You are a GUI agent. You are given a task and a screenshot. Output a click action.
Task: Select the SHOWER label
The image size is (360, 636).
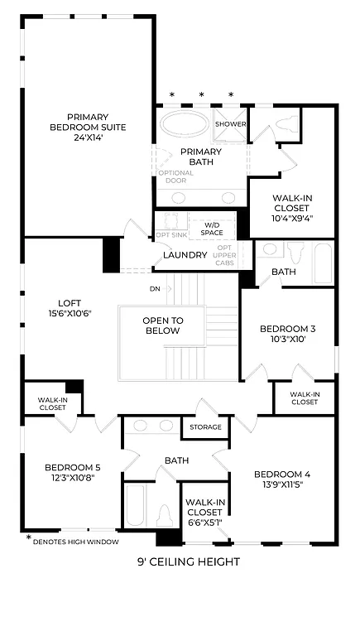(x=231, y=124)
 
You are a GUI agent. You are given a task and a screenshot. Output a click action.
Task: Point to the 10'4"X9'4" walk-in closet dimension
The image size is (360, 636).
(x=292, y=219)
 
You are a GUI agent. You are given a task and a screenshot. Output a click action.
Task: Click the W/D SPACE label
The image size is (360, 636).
(x=212, y=228)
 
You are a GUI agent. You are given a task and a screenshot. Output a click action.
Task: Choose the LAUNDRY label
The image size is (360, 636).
(x=185, y=254)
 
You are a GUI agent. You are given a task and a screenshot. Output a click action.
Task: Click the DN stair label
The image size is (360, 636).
(x=155, y=289)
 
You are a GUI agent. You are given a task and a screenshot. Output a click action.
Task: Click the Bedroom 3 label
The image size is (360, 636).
(x=287, y=334)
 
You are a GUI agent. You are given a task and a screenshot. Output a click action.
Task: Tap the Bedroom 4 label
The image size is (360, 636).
(x=281, y=479)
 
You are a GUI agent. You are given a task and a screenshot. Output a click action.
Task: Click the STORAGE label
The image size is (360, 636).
(x=205, y=427)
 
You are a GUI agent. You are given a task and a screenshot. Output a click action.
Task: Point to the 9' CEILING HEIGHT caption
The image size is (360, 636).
(x=188, y=562)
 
